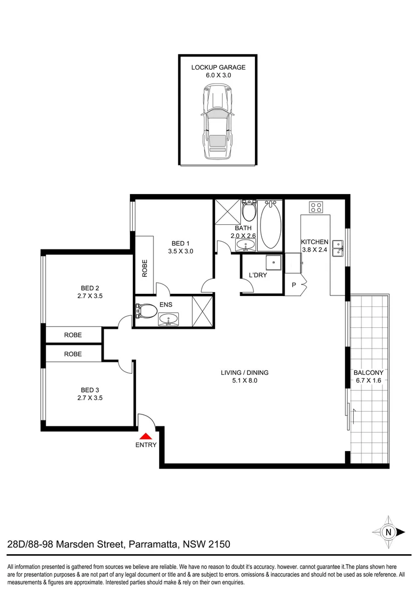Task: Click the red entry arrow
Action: coord(146,436)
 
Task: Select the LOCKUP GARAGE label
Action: coord(218,67)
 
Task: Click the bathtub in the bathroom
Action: coord(270,225)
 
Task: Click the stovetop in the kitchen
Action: coord(316,207)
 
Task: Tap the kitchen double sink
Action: coord(338,248)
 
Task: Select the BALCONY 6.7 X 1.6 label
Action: coord(368,377)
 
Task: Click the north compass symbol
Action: coord(388,531)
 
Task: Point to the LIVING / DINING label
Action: coord(244,373)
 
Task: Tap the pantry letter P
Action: coord(294,285)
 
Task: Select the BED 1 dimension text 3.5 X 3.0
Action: coord(180,251)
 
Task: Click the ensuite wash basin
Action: coord(168,318)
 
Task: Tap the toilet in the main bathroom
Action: coord(250,209)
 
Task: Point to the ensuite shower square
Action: coord(201,311)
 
